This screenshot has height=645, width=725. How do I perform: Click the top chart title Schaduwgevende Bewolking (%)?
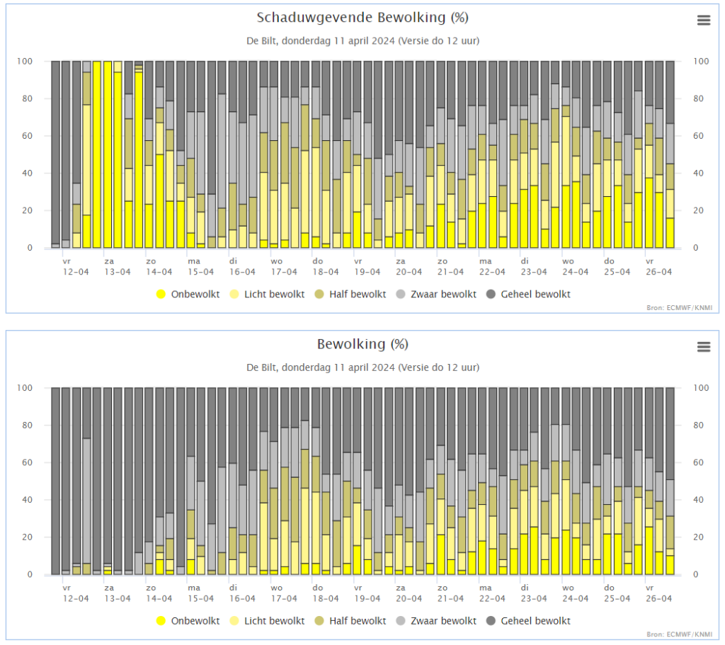(362, 18)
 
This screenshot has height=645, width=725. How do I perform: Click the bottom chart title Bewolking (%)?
(362, 344)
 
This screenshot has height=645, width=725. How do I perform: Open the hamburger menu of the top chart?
(704, 21)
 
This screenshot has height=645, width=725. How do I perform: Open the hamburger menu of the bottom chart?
(704, 347)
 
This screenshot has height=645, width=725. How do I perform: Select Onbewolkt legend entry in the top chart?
(188, 294)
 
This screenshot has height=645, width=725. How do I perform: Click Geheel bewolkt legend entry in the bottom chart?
(528, 620)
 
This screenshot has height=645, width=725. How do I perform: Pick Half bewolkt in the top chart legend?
(350, 294)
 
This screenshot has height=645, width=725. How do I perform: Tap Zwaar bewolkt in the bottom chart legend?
(436, 620)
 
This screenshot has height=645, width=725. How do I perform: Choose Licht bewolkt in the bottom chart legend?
(267, 620)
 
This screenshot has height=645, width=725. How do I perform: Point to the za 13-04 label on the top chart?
(118, 267)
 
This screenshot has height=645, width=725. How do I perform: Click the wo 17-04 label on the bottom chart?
(284, 593)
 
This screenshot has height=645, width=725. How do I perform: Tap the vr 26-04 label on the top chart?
(659, 267)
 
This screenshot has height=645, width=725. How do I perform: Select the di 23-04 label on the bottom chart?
(534, 593)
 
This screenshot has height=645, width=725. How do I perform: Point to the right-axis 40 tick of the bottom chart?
(698, 500)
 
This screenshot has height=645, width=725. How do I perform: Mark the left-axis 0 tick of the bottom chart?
(30, 575)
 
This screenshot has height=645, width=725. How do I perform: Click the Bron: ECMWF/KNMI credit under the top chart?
(679, 307)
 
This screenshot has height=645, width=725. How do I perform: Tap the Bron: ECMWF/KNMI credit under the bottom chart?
(679, 634)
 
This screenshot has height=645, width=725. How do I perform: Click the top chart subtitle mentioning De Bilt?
(362, 40)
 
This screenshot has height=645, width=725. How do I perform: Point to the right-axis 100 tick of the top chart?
(700, 61)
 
